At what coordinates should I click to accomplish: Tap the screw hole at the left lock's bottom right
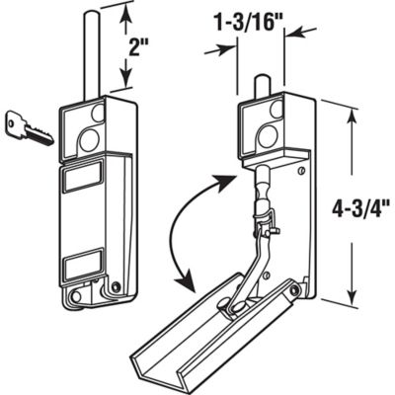point(116,287)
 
